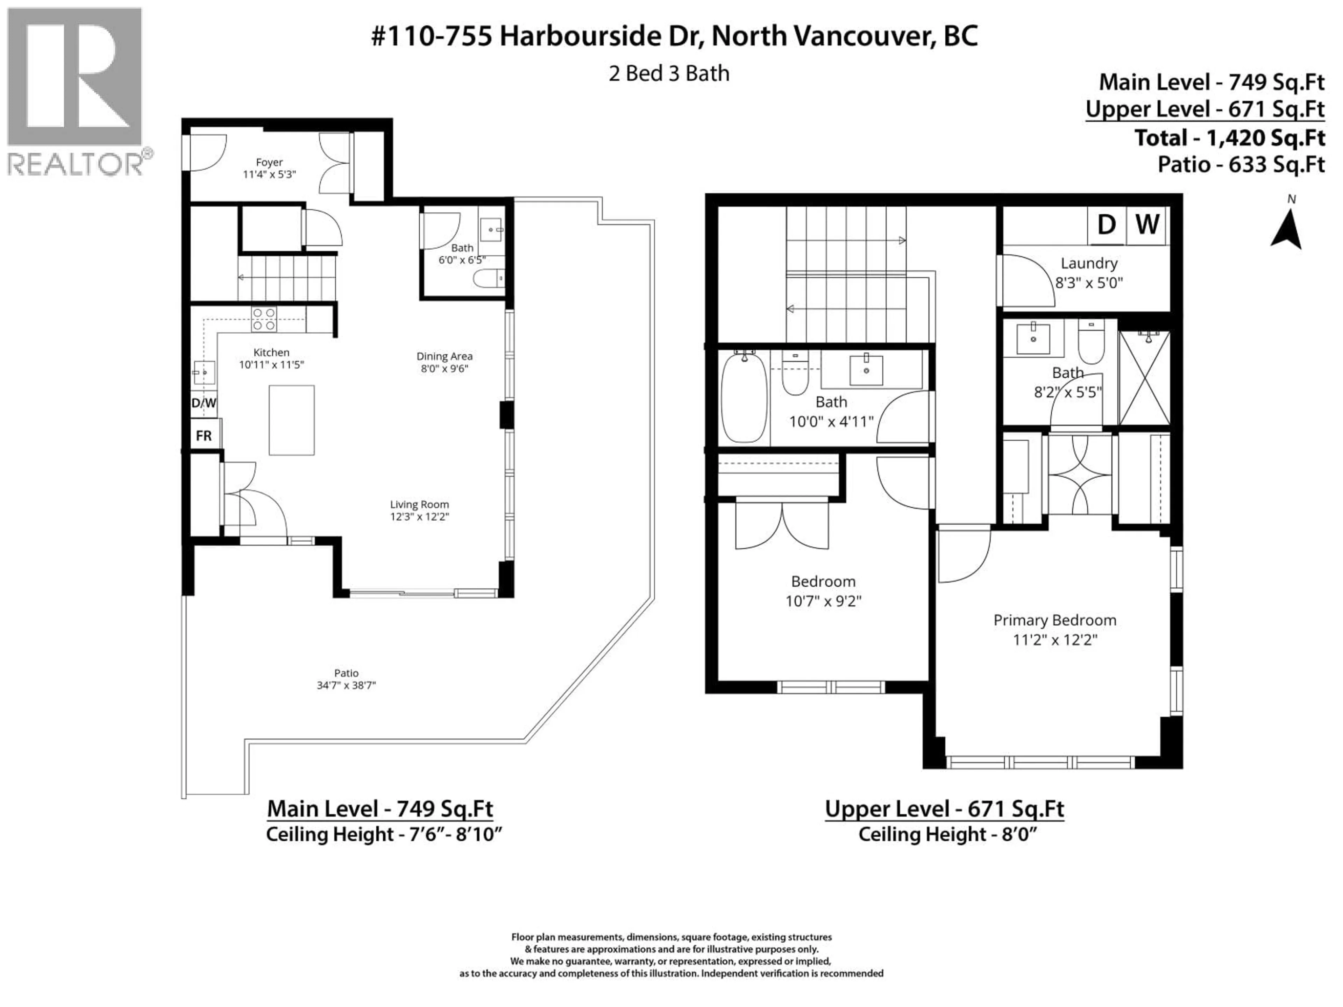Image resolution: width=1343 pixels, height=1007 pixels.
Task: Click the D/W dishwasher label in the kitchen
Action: pos(204,403)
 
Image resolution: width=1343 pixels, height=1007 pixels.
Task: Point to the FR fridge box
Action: pos(204,436)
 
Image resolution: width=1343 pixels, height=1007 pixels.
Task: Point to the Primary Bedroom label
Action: pos(1054,620)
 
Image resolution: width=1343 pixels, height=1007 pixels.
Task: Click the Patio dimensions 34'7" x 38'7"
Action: pos(346,685)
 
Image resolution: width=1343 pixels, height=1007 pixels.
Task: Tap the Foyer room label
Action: pos(269,162)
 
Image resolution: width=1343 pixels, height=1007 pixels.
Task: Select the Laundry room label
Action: pos(1089,263)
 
